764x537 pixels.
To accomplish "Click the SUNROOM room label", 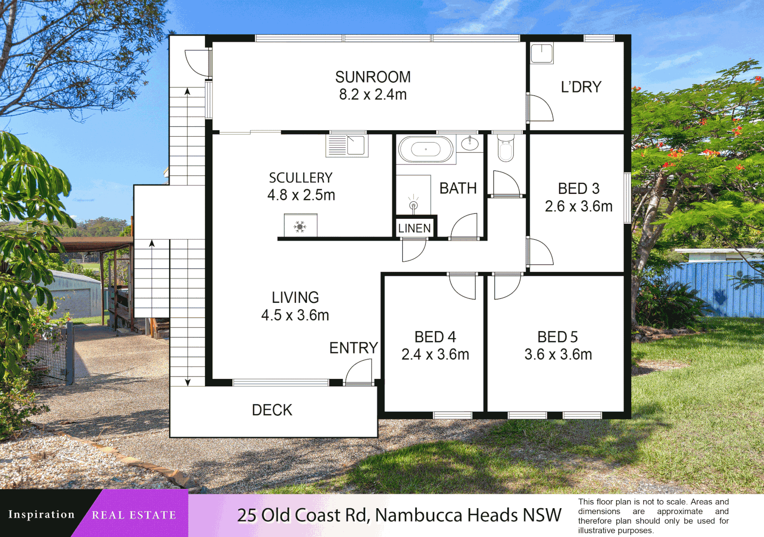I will pos(373,77).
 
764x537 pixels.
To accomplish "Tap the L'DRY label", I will pos(581,87).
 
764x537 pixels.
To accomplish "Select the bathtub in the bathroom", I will pos(426,149).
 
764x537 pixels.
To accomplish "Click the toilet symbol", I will pos(505,148).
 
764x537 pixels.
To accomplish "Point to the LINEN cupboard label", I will pos(414,228).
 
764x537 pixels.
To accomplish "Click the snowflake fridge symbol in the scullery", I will pos(300,227).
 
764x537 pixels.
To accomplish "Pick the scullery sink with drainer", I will pos(347,145).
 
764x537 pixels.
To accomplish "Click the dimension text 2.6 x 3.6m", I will pos(578,206).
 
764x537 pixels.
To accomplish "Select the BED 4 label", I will pos(435,337).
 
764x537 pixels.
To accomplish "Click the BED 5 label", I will pos(558,337).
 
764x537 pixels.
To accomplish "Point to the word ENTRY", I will pos(354,348).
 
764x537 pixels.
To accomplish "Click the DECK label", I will pos(272,410).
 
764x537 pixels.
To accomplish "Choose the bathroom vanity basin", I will pos(470,144).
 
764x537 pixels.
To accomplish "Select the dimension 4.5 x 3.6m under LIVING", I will pos(295,315).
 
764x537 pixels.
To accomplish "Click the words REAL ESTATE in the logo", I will pos(134,515).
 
